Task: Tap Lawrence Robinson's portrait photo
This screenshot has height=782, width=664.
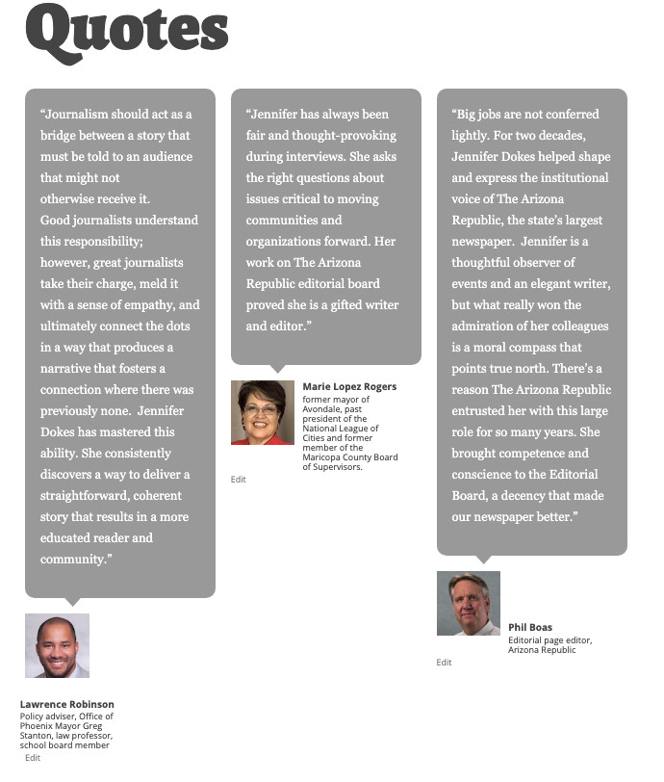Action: click(57, 645)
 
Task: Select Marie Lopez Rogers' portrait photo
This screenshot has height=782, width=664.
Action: click(263, 412)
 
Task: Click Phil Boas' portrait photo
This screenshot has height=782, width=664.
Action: click(469, 603)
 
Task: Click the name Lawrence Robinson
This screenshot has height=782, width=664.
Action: click(67, 704)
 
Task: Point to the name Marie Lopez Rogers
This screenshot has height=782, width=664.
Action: click(349, 387)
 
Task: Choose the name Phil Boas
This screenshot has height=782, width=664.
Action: click(530, 628)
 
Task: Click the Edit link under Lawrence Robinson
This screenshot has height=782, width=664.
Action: click(33, 758)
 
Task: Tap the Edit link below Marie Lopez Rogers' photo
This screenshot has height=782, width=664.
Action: click(239, 479)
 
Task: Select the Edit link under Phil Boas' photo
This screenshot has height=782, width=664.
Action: click(444, 663)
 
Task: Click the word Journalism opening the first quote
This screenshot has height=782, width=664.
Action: click(84, 114)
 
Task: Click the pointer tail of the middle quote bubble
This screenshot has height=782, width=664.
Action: click(277, 369)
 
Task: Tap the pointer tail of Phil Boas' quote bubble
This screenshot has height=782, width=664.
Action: click(483, 560)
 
